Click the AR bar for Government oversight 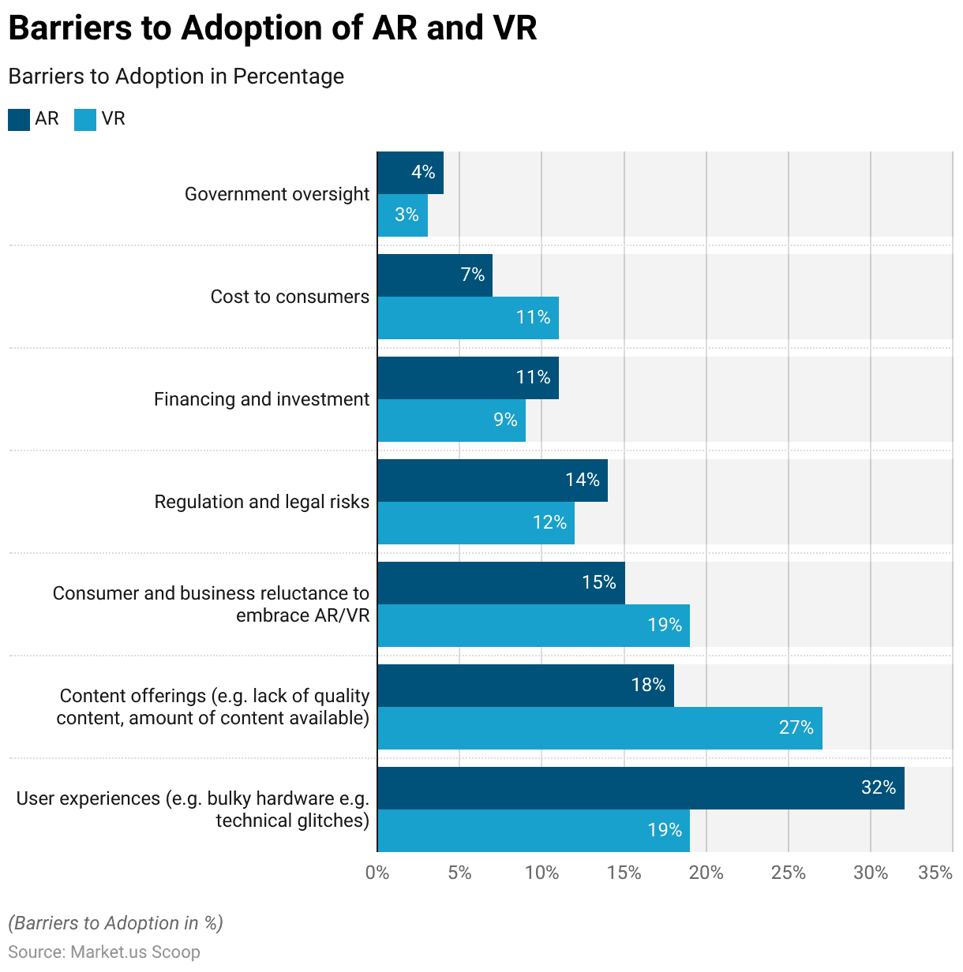coord(410,173)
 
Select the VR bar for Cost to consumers coord(468,318)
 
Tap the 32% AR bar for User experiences coord(641,788)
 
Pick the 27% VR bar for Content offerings coord(600,728)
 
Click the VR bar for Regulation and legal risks coord(476,523)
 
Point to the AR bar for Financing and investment coord(468,378)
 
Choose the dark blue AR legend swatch coord(19,119)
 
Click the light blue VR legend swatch coord(85,119)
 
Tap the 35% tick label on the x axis coord(935,873)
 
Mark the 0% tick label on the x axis coord(377,873)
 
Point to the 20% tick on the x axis coord(706,873)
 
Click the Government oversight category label coord(277,194)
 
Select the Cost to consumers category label coord(290,297)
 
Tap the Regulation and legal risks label coord(262,502)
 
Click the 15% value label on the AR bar coord(598,582)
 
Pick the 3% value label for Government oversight coord(407,215)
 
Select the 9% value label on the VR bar coord(505,420)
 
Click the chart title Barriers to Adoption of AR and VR coord(272,28)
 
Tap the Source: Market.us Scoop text coord(104,952)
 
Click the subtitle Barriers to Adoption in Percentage coord(176,77)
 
